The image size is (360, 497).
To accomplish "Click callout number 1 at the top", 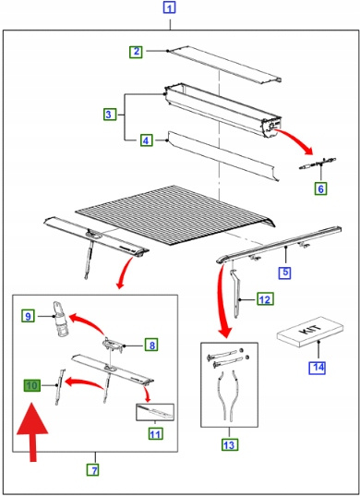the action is coord(170,7).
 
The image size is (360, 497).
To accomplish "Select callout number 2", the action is coord(136,52).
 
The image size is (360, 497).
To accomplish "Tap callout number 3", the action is coord(109,115).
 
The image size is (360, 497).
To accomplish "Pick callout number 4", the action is coord(146,140).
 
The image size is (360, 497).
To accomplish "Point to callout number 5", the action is coord(285,272).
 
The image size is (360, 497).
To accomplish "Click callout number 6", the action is coord(320,189).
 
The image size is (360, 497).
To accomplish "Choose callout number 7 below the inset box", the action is coord(93,469).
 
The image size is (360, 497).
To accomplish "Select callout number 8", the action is coord(151,345).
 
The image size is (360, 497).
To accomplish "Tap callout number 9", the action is coord(28,316).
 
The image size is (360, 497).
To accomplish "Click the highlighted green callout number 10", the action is coord(32,386).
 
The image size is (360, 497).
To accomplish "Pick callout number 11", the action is coord(155,433).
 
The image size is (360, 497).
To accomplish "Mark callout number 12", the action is coord(265,299).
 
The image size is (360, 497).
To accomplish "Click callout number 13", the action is coord(229,444).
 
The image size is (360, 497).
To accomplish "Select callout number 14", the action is coord(318,367).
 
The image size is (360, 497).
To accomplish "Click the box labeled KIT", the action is coord(310,332).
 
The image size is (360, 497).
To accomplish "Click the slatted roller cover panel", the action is coord(175,215).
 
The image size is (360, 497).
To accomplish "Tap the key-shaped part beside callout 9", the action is coord(61,319).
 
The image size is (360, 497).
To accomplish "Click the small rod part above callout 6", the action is coord(318,163).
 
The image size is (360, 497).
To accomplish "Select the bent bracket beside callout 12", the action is coord(235,293).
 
